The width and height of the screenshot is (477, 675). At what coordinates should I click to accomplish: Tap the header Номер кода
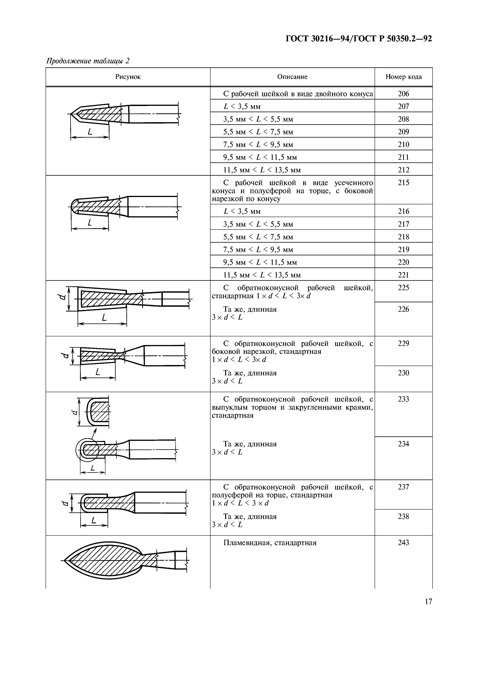point(403,77)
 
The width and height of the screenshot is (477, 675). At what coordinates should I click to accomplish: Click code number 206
point(403,94)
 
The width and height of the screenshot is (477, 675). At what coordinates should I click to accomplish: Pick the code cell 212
point(403,170)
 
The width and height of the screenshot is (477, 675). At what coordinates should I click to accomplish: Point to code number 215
point(403,183)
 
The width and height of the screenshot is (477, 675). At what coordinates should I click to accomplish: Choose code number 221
point(403,275)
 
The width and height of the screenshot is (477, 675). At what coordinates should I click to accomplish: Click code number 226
point(403,309)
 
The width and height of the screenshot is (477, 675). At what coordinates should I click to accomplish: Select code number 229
point(403,343)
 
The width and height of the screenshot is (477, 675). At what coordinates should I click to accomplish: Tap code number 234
point(403,444)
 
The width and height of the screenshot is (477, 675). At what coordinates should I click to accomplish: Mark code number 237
point(403,487)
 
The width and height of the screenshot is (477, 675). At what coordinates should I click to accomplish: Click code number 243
point(403,543)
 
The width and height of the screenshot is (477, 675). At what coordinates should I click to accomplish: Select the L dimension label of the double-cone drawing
point(90,132)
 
